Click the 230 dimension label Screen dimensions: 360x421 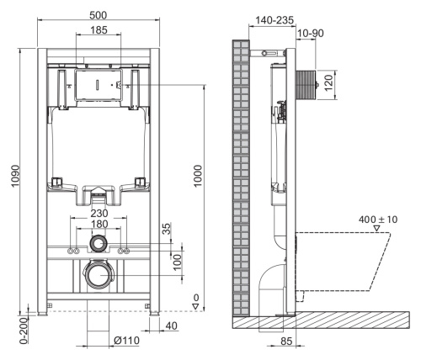click(99, 214)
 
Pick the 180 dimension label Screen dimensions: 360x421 click(99, 225)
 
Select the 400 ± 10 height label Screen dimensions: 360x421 click(379, 220)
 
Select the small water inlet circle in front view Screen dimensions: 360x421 click(99, 245)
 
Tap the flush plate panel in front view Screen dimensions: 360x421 click(99, 84)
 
